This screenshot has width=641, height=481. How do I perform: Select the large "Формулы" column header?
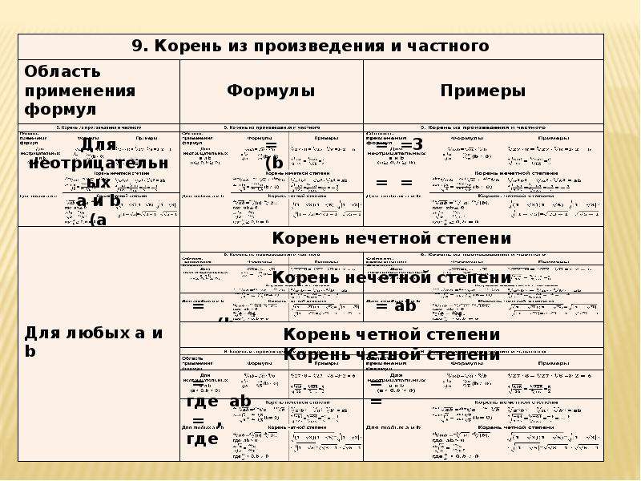(x=271, y=91)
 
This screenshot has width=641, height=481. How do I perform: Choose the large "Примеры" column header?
(x=483, y=91)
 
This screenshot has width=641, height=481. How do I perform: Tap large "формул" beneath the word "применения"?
(x=59, y=108)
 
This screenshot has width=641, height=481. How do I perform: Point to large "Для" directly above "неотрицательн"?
(x=99, y=145)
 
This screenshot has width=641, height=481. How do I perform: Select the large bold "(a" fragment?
(x=98, y=220)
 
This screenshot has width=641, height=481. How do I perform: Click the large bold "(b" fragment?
(x=275, y=164)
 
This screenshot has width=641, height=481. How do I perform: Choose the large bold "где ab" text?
(x=218, y=402)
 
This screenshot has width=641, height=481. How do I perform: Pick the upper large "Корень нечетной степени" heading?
(x=392, y=238)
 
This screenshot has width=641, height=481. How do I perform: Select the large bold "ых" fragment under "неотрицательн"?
(x=99, y=182)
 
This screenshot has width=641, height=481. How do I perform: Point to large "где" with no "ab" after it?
(x=202, y=439)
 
